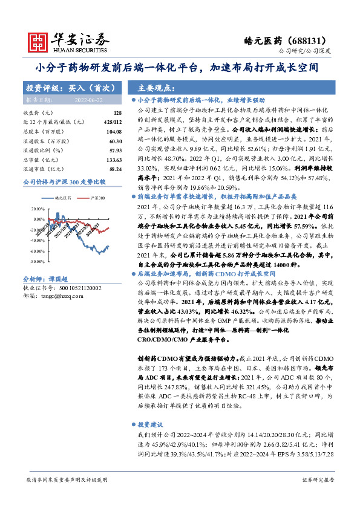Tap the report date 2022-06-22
pyautogui.click(x=90, y=99)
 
